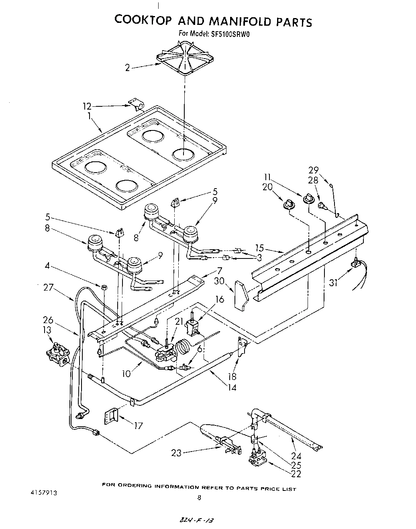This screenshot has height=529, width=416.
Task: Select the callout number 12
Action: point(87,106)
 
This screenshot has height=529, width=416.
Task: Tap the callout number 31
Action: point(333,283)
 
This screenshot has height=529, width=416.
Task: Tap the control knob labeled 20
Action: point(289,205)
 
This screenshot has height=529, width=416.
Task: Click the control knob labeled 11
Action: point(309,198)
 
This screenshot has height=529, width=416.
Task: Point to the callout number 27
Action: point(49,287)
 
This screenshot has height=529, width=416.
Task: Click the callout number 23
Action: point(176,453)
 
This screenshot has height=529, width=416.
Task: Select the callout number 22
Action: point(296,474)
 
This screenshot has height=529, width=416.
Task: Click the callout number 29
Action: point(313,170)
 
